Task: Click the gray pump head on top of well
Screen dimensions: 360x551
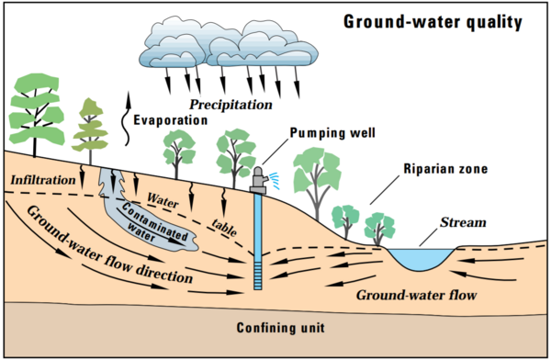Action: tap(258, 180)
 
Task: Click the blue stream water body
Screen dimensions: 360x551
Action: tap(422, 260)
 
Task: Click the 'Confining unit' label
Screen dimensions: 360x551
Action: tap(275, 328)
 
